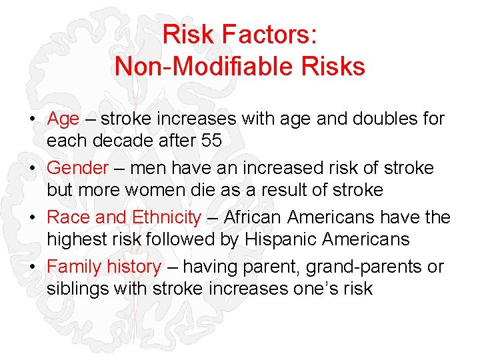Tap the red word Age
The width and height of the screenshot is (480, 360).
(x=63, y=119)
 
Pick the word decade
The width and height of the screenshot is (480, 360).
(x=122, y=141)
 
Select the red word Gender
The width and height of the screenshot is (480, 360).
(x=77, y=168)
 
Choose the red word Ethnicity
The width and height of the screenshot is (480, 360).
(x=166, y=217)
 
